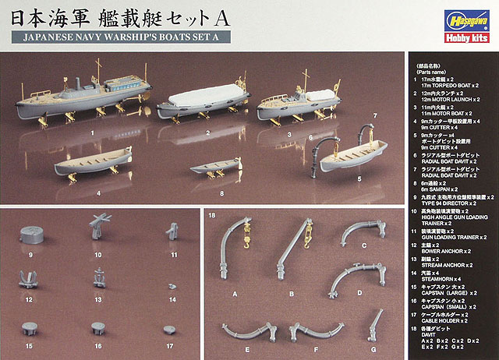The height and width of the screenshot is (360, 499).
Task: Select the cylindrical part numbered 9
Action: point(34,235)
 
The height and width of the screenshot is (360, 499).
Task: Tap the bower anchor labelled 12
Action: point(33,279)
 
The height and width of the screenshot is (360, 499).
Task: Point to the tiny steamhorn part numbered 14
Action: point(171,286)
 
